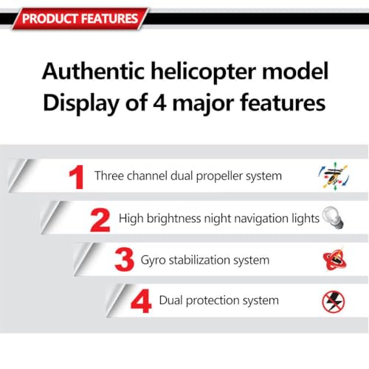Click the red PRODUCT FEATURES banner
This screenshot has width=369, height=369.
point(78,18)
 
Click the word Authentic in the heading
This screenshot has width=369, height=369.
point(87,72)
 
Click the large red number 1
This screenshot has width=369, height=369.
point(76,178)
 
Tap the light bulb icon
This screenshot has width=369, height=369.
point(334,217)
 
